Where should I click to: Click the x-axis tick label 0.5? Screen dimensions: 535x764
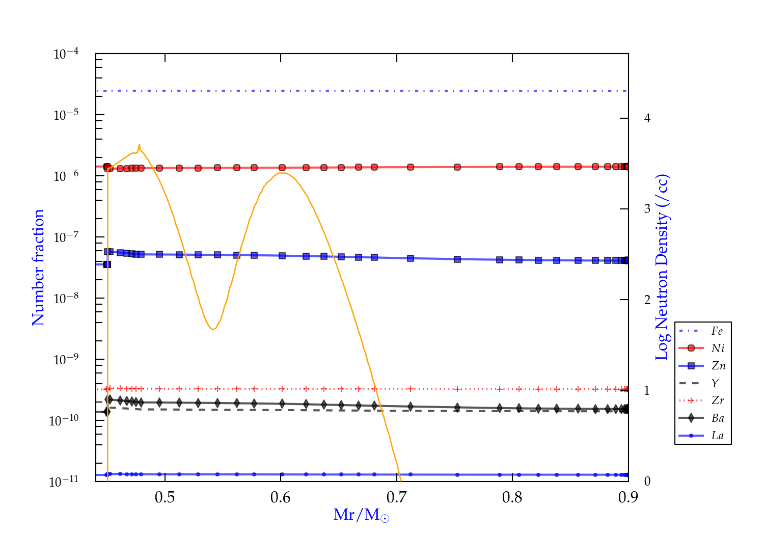point(165,497)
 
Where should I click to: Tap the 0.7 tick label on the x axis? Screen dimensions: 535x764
point(396,497)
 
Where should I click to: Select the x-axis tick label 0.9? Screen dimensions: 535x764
point(628,497)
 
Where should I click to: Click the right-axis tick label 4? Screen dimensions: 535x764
point(647,118)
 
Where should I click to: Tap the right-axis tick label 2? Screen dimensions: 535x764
point(647,300)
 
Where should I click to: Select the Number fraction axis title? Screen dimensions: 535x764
point(39,267)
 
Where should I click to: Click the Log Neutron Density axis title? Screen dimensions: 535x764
point(662,267)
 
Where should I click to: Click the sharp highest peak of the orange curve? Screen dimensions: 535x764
point(139,144)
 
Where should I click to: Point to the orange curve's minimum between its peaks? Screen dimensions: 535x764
point(212,329)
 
